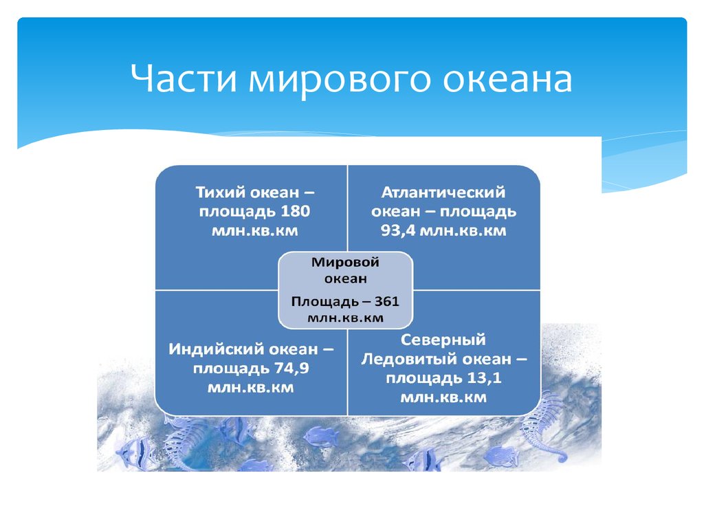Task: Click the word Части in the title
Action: [x=184, y=78]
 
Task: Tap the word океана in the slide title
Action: [x=507, y=79]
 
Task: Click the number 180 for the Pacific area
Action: [x=296, y=211]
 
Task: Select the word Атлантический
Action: [x=443, y=192]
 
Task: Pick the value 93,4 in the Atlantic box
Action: [x=397, y=231]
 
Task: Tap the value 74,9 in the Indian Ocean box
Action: [x=291, y=368]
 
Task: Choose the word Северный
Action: [x=443, y=340]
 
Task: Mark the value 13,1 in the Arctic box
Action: [x=484, y=377]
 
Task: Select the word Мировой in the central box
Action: [x=345, y=262]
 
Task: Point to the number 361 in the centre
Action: [x=386, y=301]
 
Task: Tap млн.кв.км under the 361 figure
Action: [x=345, y=318]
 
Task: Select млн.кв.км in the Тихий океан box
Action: [x=254, y=231]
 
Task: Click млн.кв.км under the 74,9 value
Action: [x=250, y=388]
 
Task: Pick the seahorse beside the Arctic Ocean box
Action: [x=541, y=426]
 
